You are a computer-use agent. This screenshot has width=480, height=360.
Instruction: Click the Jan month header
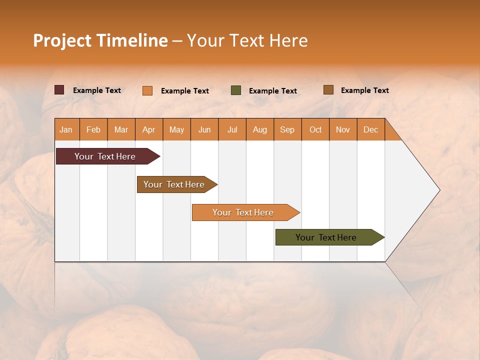pyautogui.click(x=66, y=129)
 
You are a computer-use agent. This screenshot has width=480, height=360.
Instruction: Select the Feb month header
pyautogui.click(x=93, y=129)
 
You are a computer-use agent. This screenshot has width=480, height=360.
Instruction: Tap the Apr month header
pyautogui.click(x=149, y=129)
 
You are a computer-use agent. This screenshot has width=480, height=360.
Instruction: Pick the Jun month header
pyautogui.click(x=204, y=129)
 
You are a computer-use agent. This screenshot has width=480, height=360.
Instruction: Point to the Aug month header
pyautogui.click(x=260, y=129)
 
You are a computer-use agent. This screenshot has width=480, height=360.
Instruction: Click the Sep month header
pyautogui.click(x=287, y=129)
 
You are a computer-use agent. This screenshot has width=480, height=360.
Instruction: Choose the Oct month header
pyautogui.click(x=315, y=129)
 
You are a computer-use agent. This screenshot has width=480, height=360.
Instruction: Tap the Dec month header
pyautogui.click(x=371, y=129)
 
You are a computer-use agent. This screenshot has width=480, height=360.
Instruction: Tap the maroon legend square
pyautogui.click(x=59, y=90)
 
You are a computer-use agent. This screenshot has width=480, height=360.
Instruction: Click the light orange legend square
pyautogui.click(x=147, y=90)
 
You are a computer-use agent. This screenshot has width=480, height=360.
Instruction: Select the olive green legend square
pyautogui.click(x=236, y=90)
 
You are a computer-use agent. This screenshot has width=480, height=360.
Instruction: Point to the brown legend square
pyautogui.click(x=328, y=90)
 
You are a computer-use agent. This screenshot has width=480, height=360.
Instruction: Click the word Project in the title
pyautogui.click(x=62, y=40)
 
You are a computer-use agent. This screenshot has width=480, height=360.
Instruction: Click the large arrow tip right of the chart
pyautogui.click(x=420, y=190)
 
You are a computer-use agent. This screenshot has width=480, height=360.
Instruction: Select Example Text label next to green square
pyautogui.click(x=273, y=91)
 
